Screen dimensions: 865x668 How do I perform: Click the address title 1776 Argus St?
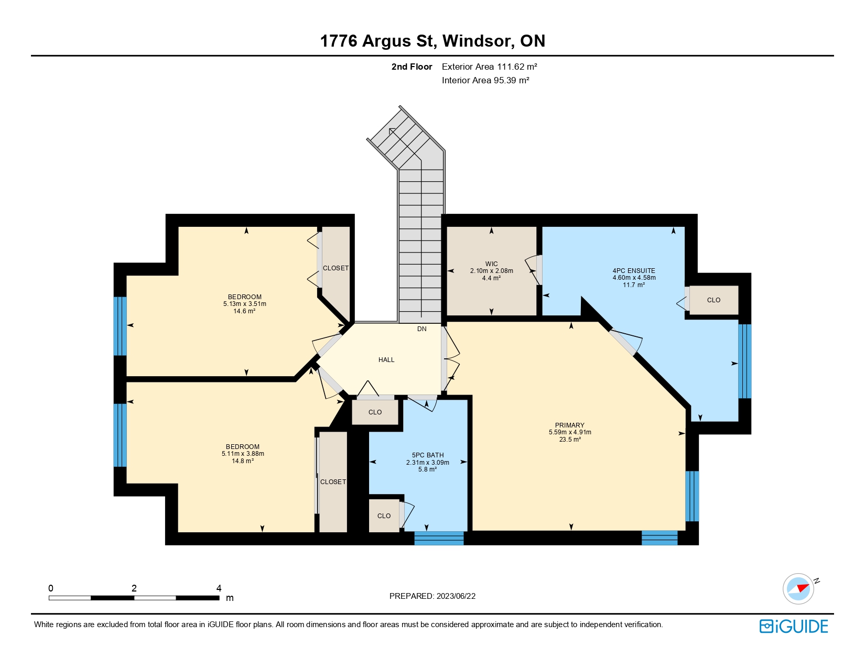tap(378, 41)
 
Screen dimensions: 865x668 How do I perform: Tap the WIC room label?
tap(491, 264)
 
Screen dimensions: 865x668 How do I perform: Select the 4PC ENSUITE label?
tap(634, 270)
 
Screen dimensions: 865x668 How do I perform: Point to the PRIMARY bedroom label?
tap(570, 425)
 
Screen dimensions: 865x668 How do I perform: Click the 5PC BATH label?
tap(428, 455)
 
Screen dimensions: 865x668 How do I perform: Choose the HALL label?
tap(386, 359)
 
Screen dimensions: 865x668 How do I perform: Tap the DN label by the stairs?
tap(421, 328)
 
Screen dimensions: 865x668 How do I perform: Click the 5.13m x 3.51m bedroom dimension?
tap(244, 304)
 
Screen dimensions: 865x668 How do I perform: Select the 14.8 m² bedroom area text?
tap(242, 461)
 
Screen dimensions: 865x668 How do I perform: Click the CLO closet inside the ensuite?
tap(713, 300)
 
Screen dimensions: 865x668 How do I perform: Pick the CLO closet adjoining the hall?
tap(375, 412)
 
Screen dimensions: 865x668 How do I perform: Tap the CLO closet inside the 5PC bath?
tap(384, 516)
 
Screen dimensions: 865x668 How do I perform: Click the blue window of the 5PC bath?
tap(439, 538)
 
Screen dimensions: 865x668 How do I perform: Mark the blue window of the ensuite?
tap(745, 362)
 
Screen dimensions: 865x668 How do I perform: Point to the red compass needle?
tap(803, 588)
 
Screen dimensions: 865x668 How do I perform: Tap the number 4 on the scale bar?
tap(219, 588)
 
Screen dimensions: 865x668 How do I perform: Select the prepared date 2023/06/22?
tap(456, 596)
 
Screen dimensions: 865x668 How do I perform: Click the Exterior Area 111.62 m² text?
tap(489, 67)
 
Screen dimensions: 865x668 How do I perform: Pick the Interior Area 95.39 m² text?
tap(485, 80)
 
